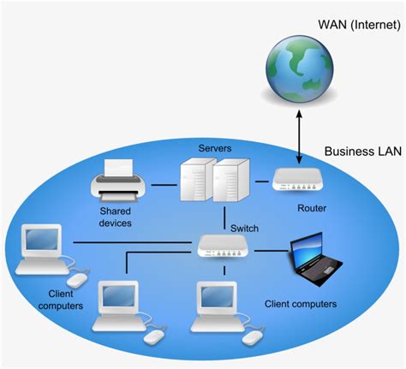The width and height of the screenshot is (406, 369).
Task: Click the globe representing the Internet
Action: point(299,68)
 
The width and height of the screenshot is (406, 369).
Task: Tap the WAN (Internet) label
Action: point(359,25)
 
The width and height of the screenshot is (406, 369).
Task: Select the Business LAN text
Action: point(363,152)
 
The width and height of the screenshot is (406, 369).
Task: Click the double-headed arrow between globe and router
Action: point(299,137)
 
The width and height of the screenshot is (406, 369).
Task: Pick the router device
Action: point(298,180)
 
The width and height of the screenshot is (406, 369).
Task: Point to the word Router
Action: point(312,208)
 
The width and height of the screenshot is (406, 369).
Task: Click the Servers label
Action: point(215,148)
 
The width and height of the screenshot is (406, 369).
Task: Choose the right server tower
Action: point(231,180)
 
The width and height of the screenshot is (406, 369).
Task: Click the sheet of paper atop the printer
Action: point(118,168)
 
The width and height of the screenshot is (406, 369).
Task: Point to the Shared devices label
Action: point(115,217)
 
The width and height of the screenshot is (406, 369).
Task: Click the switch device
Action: point(223,247)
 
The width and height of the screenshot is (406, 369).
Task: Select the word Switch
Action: point(244,229)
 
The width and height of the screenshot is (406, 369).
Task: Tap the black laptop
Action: point(316,259)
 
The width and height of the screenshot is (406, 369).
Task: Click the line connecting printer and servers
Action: point(164,185)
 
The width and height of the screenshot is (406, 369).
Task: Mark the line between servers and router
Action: point(262,182)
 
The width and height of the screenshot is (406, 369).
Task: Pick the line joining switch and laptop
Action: point(272,251)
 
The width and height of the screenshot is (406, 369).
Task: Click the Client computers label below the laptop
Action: point(301,304)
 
